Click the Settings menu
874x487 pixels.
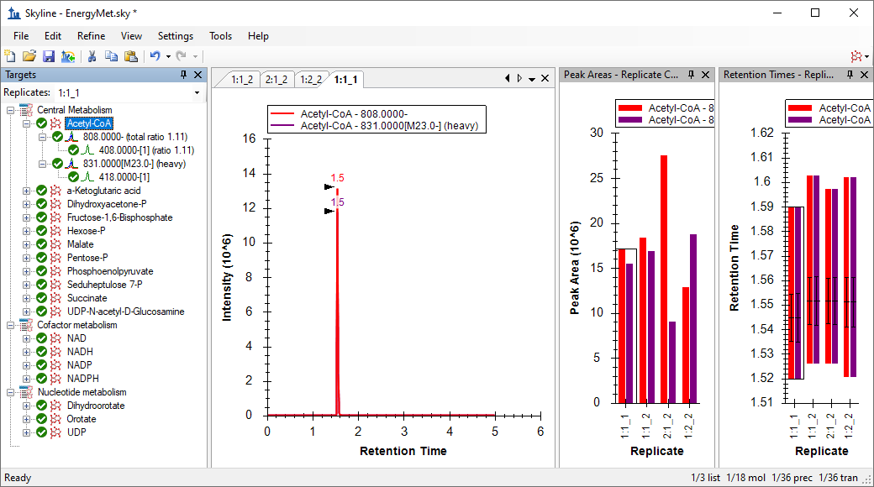pyautogui.click(x=175, y=36)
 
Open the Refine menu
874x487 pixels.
pyautogui.click(x=91, y=36)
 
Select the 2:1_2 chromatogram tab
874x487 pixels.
pyautogui.click(x=276, y=80)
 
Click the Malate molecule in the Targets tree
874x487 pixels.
pyautogui.click(x=81, y=244)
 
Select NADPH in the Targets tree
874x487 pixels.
pyautogui.click(x=83, y=379)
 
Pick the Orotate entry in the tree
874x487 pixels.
pyautogui.click(x=82, y=419)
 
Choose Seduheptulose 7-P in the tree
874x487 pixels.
pyautogui.click(x=105, y=285)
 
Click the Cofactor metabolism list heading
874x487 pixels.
pyautogui.click(x=77, y=325)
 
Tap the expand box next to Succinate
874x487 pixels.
pyautogui.click(x=26, y=298)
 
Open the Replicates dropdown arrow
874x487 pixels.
pyautogui.click(x=197, y=93)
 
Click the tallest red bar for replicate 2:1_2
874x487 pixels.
pyautogui.click(x=664, y=279)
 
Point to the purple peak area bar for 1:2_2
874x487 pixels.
pyautogui.click(x=692, y=319)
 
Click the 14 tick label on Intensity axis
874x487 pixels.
pyautogui.click(x=249, y=173)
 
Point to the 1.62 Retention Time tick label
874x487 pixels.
pyautogui.click(x=762, y=133)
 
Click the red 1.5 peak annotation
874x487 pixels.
pyautogui.click(x=337, y=178)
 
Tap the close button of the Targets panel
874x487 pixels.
pyautogui.click(x=197, y=75)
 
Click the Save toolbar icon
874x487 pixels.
pyautogui.click(x=49, y=55)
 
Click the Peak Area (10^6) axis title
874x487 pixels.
pyautogui.click(x=575, y=268)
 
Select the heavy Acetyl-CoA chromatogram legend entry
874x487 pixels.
pyautogui.click(x=389, y=126)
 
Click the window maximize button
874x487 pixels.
pyautogui.click(x=815, y=13)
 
